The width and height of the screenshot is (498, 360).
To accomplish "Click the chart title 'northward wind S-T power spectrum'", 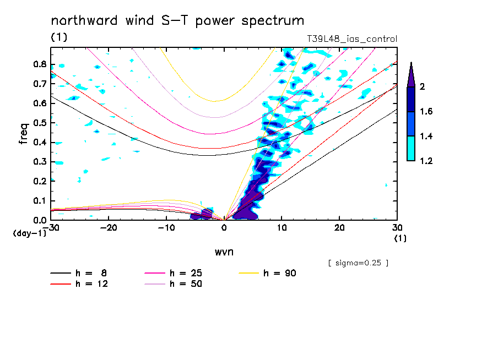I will coord(177,21).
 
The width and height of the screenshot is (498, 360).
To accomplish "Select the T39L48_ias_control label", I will coord(351,39).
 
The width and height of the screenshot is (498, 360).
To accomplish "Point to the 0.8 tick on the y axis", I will coord(40,64).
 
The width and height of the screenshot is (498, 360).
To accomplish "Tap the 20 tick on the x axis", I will coord(339,227).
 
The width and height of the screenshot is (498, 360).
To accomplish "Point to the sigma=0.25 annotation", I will coord(358,263).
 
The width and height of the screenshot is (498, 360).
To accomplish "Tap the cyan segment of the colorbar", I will coord(411,148).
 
